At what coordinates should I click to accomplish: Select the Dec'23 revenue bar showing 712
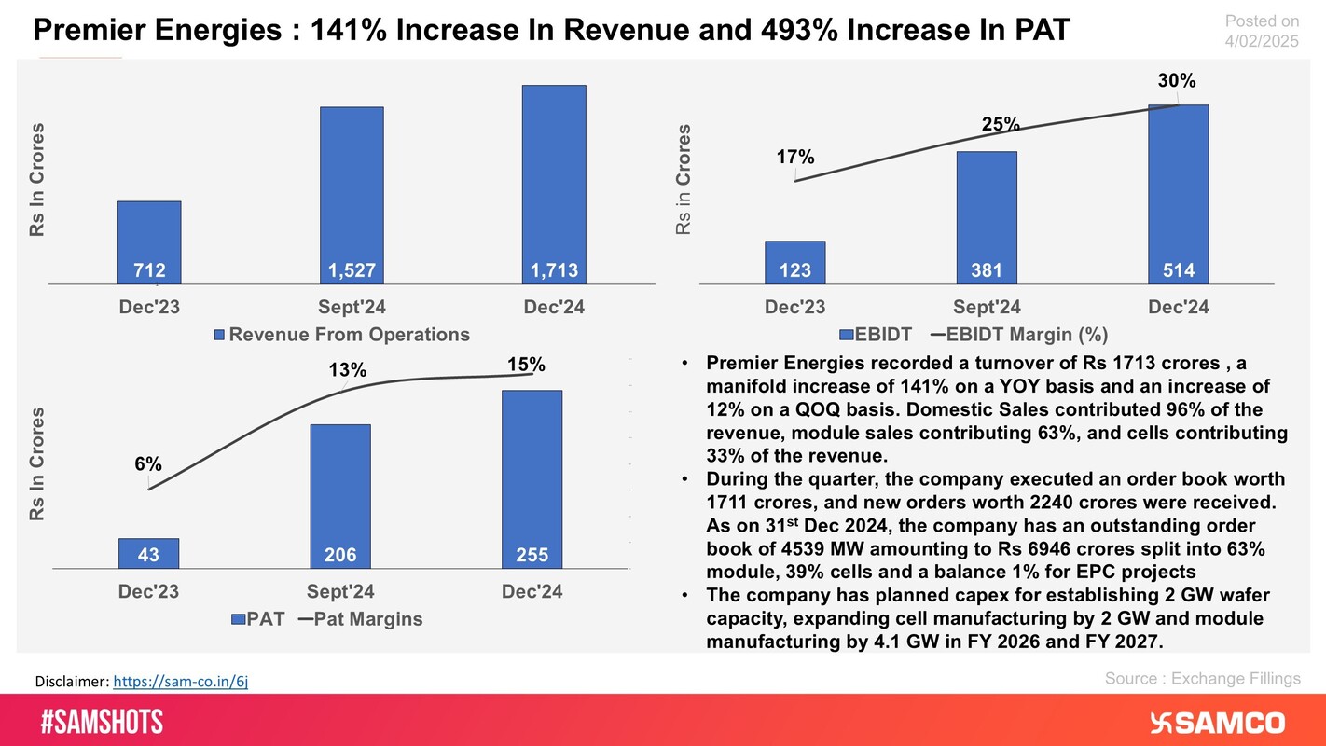pyautogui.click(x=149, y=242)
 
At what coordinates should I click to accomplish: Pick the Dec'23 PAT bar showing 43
pyautogui.click(x=148, y=554)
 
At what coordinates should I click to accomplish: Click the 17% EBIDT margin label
pyautogui.click(x=795, y=158)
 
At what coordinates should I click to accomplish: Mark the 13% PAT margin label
pyautogui.click(x=348, y=371)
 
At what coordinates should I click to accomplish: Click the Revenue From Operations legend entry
pyautogui.click(x=342, y=334)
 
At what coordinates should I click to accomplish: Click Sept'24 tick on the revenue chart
pyautogui.click(x=352, y=307)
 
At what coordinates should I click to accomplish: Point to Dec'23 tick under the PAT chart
pyautogui.click(x=148, y=591)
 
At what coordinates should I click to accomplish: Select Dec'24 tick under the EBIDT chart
pyautogui.click(x=1178, y=307)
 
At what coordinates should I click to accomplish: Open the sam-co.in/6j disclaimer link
pyautogui.click(x=180, y=682)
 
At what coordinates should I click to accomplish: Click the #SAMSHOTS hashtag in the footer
pyautogui.click(x=102, y=721)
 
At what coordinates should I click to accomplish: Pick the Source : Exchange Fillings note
pyautogui.click(x=1202, y=679)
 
